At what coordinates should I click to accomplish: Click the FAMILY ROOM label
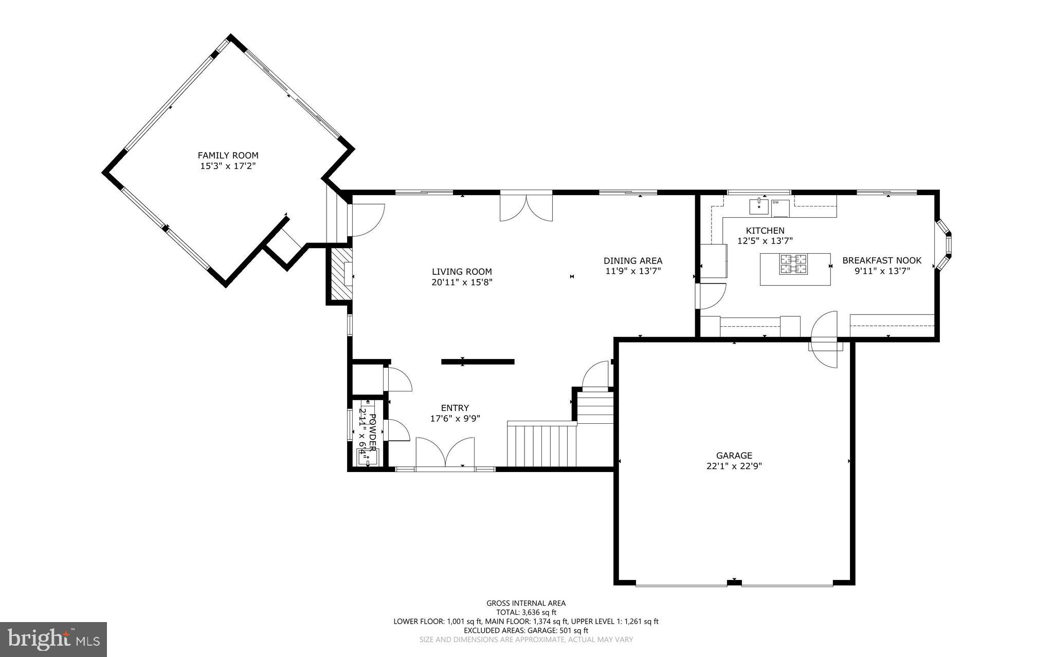pos(228,155)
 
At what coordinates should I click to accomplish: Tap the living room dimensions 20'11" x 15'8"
pos(462,282)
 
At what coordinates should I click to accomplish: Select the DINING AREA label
pos(632,260)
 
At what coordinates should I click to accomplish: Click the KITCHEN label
pos(765,231)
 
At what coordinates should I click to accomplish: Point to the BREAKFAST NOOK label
pos(882,260)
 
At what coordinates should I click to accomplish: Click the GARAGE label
pos(734,455)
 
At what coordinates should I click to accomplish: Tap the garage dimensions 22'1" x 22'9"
pos(734,466)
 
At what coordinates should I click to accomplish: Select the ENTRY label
pos(455,408)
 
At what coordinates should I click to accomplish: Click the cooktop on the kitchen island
pos(793,264)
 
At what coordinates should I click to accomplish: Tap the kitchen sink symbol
pos(759,207)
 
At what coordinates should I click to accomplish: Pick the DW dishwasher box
pos(779,208)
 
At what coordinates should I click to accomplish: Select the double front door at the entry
pos(445,453)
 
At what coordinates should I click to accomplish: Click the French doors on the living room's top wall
pos(526,207)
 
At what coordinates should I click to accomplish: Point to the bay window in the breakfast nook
pos(944,245)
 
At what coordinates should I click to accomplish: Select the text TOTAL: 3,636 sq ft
pos(526,612)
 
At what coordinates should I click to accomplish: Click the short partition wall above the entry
pos(478,362)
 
